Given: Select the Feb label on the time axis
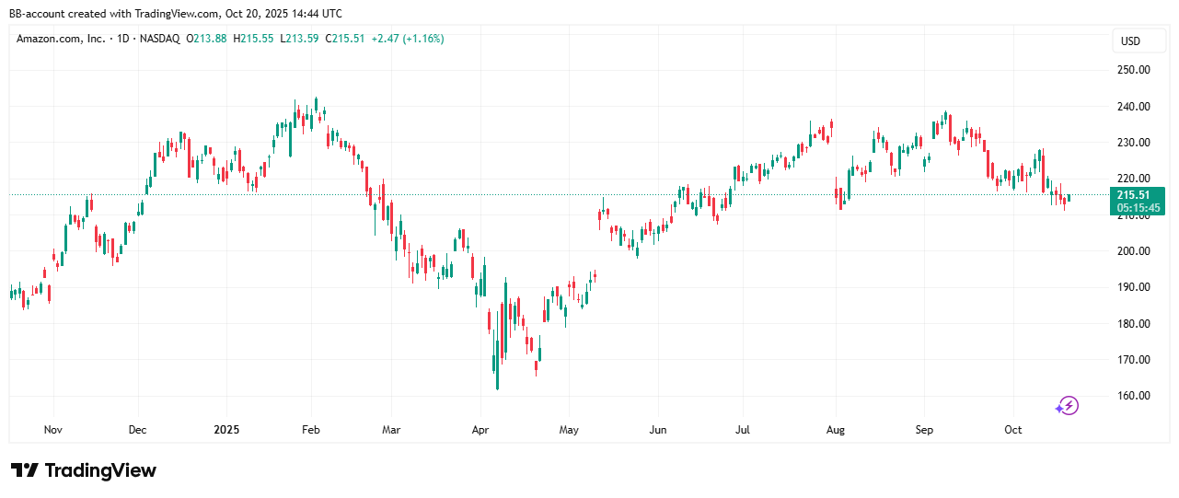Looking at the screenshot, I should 311,430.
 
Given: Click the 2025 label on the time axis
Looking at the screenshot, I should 226,430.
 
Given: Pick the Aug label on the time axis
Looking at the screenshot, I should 835,430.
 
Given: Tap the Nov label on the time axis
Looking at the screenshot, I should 52,430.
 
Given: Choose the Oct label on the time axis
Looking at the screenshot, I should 1013,430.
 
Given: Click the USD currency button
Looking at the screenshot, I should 1130,41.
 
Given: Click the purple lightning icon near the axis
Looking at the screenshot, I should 1066,405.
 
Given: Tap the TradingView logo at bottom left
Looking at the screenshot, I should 84,470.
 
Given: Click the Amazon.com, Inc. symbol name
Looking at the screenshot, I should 61,39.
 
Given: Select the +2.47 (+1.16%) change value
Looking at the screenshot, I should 408,39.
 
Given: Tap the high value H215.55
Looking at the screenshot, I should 255,39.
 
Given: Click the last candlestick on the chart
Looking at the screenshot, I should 1069,197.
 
